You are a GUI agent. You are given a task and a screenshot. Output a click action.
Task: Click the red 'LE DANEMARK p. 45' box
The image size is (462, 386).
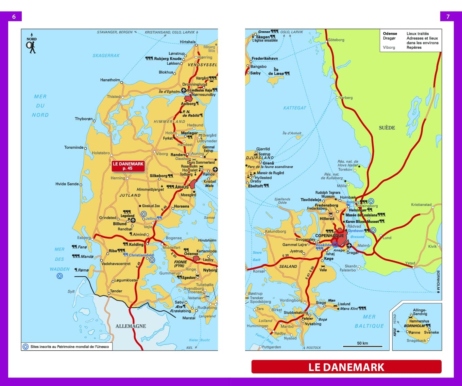click(x=128, y=166)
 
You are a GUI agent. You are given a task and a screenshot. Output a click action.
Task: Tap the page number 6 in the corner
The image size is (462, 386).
click(x=14, y=17)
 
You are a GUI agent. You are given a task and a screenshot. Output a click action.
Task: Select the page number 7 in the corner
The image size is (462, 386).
click(x=448, y=17)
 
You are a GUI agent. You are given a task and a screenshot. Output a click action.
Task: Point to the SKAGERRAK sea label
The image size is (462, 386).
click(x=106, y=55)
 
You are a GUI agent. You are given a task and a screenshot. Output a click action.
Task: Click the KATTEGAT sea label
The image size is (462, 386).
click(x=294, y=108)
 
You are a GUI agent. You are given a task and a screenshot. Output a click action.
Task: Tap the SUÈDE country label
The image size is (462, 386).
click(x=387, y=128)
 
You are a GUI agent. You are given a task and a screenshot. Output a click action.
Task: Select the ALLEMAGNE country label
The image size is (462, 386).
click(x=131, y=326)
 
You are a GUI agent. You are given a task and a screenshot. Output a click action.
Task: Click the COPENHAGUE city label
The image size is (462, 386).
click(x=329, y=236)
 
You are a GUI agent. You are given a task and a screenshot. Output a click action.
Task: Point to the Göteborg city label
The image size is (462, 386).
click(x=336, y=40)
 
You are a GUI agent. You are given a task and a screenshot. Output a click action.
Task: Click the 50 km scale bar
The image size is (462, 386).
click(x=362, y=345)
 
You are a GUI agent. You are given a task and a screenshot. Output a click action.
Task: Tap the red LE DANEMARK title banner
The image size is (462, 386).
click(x=346, y=367)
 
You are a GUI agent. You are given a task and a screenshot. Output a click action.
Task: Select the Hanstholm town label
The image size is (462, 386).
click(x=110, y=80)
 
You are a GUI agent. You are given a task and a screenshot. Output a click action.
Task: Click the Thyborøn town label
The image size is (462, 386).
click(x=84, y=119)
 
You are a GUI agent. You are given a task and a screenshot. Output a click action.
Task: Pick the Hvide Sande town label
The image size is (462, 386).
click(x=67, y=184)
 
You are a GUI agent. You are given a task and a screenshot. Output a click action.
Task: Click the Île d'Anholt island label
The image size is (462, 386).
click(x=292, y=133)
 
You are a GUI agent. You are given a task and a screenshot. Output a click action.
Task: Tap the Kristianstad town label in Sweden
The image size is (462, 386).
click(x=421, y=205)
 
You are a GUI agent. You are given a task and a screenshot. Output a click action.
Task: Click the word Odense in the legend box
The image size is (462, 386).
click(x=390, y=33)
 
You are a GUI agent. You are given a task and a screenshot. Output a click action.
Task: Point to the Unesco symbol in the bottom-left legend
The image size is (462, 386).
click(x=25, y=347)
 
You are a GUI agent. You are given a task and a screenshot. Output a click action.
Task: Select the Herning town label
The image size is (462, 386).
click(x=118, y=178)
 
